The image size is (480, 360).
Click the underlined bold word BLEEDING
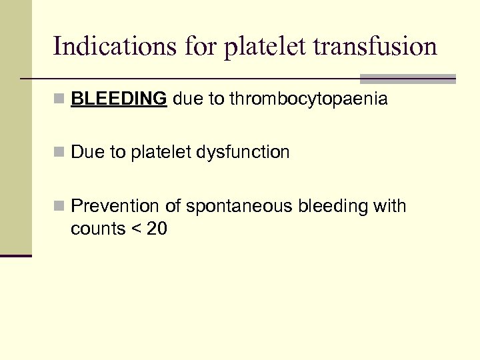coord(119,99)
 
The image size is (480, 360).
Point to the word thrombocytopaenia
coord(308,99)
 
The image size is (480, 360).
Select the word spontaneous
coord(239,206)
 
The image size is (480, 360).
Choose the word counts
coord(98,229)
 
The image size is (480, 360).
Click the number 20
coord(157,229)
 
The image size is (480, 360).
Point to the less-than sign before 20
coord(136,229)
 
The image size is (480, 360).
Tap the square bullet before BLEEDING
coord(60,100)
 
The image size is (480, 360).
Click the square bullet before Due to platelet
coord(60,153)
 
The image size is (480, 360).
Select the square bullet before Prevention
coord(60,207)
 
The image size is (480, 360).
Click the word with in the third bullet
coord(390,206)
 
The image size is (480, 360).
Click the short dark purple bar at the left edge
coord(16,255)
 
